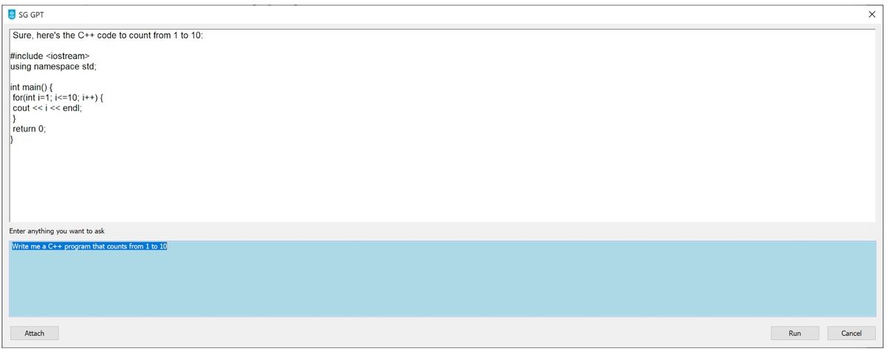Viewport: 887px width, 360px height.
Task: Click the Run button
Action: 795,333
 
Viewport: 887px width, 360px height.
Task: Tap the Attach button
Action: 35,333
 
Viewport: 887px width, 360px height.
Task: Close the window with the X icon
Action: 872,14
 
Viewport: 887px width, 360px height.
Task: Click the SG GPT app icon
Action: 12,15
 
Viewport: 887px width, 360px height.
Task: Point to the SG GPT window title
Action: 31,15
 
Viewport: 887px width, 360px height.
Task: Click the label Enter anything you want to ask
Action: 57,231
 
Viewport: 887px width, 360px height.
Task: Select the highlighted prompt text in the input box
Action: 89,246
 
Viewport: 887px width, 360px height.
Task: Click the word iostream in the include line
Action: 68,56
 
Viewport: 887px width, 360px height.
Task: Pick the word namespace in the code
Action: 56,67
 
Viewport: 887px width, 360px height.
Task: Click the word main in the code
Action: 31,87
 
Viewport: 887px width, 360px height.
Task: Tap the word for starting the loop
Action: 18,98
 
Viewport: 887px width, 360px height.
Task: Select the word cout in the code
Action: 21,108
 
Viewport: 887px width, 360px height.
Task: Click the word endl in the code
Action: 71,108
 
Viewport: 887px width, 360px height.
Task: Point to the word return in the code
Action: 24,129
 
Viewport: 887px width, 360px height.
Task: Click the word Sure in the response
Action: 21,35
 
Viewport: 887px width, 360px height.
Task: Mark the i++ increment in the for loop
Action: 89,98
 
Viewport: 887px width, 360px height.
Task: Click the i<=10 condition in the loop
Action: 66,98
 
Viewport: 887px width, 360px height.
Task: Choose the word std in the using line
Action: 88,67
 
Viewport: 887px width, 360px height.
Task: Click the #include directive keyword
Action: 27,56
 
